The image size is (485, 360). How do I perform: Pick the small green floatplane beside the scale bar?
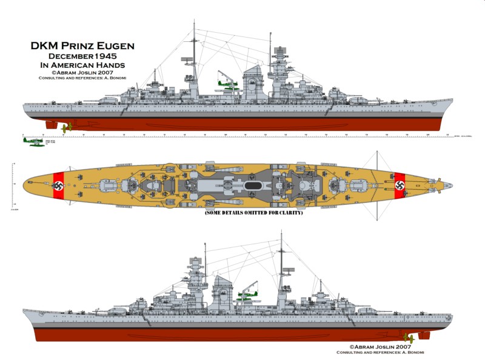32,141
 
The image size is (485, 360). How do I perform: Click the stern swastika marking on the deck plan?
58,184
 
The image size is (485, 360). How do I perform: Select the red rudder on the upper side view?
51,125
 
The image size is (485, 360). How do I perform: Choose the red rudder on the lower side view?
424,335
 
